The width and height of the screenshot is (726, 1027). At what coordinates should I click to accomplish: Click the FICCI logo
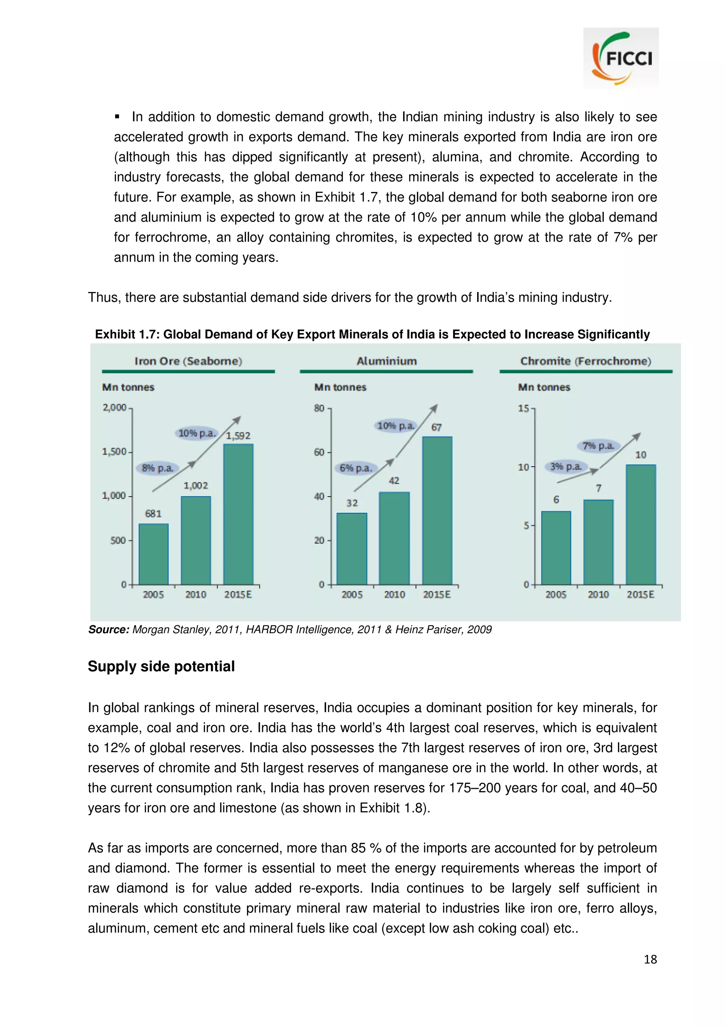620,58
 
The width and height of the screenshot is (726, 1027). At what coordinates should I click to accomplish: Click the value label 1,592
238,436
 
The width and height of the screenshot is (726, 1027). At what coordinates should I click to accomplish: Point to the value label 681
153,513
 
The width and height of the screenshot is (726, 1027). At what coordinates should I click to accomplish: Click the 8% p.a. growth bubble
157,468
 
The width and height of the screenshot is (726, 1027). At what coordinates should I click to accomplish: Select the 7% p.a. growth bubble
598,445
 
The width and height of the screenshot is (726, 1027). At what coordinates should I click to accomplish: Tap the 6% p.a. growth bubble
356,468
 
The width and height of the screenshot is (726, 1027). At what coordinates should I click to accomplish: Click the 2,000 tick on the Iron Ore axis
115,408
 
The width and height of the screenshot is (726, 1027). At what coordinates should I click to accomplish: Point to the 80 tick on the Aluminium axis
319,408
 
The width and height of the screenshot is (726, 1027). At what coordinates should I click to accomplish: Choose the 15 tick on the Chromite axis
523,408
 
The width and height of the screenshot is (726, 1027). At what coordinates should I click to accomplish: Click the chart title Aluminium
386,361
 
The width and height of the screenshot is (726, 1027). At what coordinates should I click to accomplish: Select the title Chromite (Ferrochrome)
586,361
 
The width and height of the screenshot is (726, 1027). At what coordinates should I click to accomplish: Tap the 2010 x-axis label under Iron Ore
195,594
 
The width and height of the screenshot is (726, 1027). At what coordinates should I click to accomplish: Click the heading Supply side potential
161,666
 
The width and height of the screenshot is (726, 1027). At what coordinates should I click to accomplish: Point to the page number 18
650,959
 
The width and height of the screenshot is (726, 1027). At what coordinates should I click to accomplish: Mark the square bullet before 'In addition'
117,117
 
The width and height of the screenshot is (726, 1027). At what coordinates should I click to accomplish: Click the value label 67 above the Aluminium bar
436,427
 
